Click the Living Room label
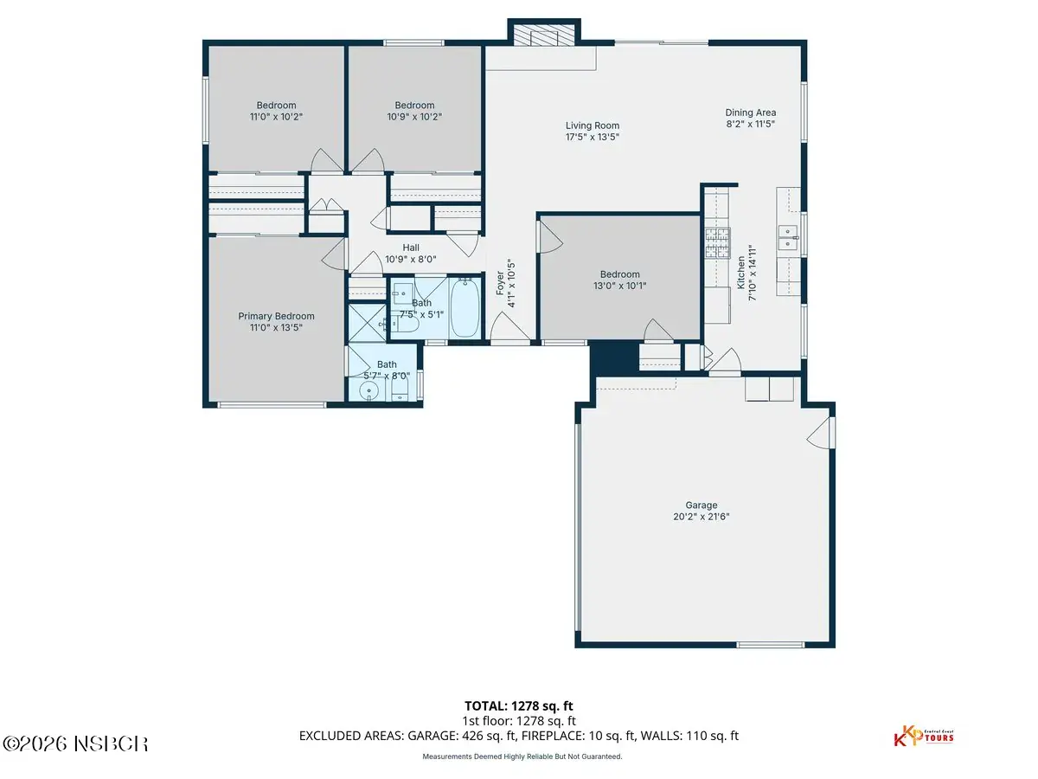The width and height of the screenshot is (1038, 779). pyautogui.click(x=592, y=126)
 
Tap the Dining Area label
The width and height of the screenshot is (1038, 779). pyautogui.click(x=751, y=113)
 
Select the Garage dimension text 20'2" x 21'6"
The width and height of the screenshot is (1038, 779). pyautogui.click(x=701, y=517)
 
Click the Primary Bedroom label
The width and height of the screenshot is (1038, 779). pyautogui.click(x=276, y=316)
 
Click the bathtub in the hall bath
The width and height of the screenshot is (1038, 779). pyautogui.click(x=465, y=308)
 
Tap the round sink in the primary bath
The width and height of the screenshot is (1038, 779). pyautogui.click(x=368, y=391)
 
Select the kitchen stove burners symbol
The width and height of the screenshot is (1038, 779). pyautogui.click(x=717, y=242)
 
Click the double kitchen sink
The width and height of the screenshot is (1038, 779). pyautogui.click(x=788, y=237)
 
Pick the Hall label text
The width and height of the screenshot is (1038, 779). pyautogui.click(x=411, y=248)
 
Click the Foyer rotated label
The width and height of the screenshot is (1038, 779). pyautogui.click(x=500, y=283)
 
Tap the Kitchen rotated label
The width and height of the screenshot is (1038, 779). pyautogui.click(x=741, y=273)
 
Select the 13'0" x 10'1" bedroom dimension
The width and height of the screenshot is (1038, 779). pyautogui.click(x=619, y=286)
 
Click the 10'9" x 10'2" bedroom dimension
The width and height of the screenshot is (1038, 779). pyautogui.click(x=414, y=116)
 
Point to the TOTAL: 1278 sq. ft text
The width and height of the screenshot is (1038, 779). pyautogui.click(x=519, y=705)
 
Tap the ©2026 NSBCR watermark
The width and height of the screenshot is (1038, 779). pyautogui.click(x=75, y=744)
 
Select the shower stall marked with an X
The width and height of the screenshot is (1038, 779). pyautogui.click(x=367, y=323)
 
